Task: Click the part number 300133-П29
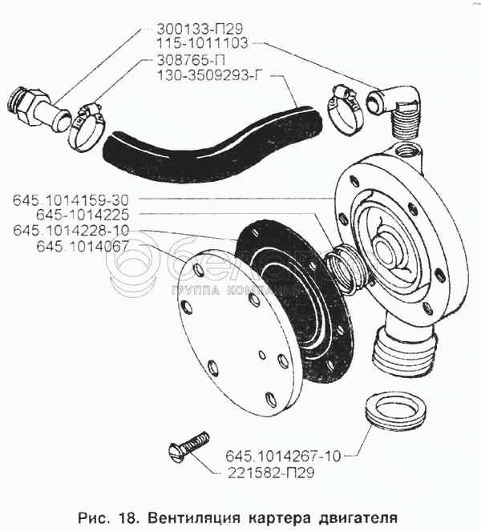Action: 200,29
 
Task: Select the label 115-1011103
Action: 202,43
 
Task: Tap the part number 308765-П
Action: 191,61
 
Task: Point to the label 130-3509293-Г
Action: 210,75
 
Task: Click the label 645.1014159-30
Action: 71,200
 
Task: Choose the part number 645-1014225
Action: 83,215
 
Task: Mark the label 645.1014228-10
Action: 71,231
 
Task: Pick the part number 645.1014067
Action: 83,246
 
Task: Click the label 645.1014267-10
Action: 283,457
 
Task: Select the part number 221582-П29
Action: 271,473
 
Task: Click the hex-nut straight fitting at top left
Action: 38,109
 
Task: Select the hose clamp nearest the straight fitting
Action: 86,127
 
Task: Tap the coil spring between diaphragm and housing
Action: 346,268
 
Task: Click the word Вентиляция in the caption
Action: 195,518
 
